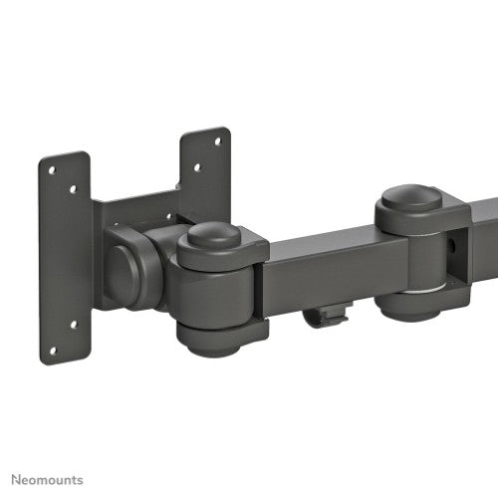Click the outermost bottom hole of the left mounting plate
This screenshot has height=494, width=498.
[x=54, y=350]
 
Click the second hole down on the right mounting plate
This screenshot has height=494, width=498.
[x=196, y=168]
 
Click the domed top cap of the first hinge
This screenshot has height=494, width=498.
[x=214, y=237]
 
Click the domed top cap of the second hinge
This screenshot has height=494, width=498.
[x=410, y=195]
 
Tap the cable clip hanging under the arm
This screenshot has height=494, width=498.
[x=326, y=318]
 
